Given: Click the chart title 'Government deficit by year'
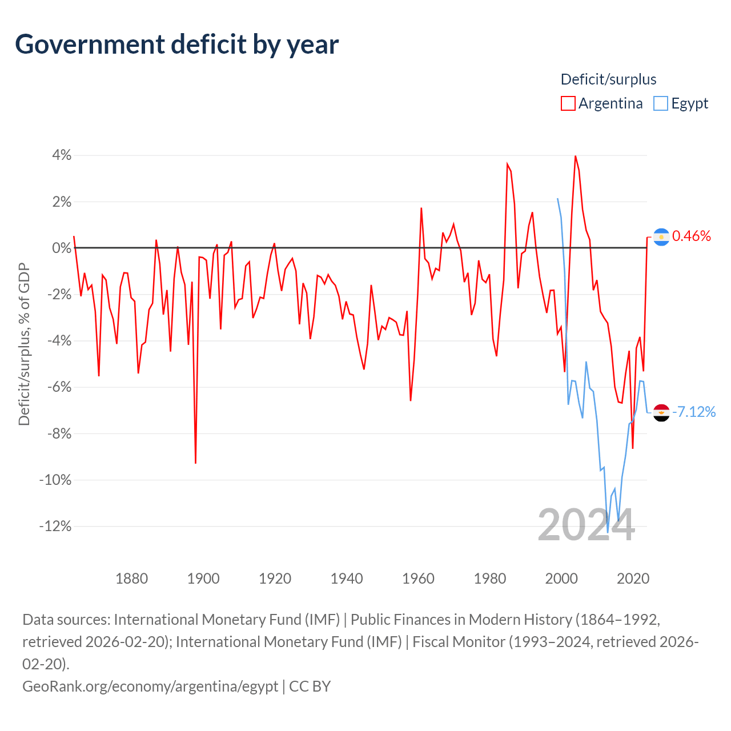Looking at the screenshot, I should pos(177,45).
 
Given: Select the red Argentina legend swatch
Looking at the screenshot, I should pos(568,103).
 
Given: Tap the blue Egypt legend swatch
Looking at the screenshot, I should pos(661,103).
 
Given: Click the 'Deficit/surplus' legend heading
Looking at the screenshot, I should pos(608,79).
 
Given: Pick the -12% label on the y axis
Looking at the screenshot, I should pos(55,526).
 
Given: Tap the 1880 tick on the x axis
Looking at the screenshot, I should pos(131,579).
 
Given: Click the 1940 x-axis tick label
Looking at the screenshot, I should pos(347,579).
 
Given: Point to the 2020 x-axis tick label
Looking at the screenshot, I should pos(633,579).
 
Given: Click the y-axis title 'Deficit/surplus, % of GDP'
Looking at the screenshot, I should pos(24,344).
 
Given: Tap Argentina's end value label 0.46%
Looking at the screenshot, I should pos(692,236).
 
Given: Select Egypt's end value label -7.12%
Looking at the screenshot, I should pos(694,412).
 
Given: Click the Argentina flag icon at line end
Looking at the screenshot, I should pos(661,237).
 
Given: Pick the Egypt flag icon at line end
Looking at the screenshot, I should pos(661,412).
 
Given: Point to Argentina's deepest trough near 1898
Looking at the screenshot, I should pos(195,463).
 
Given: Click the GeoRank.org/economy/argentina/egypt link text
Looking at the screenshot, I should pos(150,686).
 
